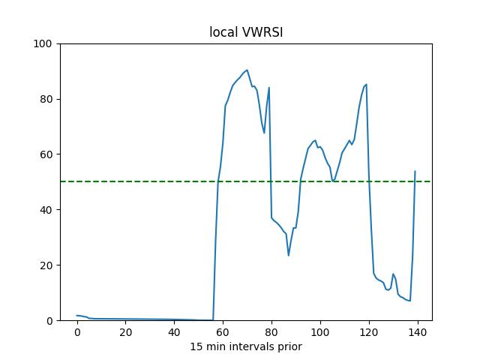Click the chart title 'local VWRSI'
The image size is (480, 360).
point(245,32)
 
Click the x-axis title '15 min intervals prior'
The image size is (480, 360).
point(245,346)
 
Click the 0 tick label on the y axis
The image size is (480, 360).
point(49,320)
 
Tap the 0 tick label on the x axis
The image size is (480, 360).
point(77,332)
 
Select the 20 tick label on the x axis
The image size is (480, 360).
point(126,332)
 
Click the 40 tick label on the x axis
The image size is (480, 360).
point(175,332)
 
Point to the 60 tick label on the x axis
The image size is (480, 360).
point(223,332)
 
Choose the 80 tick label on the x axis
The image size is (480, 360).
point(271,332)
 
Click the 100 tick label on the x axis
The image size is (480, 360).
point(320,332)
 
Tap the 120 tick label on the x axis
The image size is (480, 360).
point(369,332)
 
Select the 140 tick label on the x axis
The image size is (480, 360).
point(418,332)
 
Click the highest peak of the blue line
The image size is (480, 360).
point(247,70)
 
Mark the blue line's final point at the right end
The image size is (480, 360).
point(415,171)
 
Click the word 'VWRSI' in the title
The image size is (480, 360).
point(262,32)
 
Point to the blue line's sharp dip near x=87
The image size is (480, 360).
point(288,256)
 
